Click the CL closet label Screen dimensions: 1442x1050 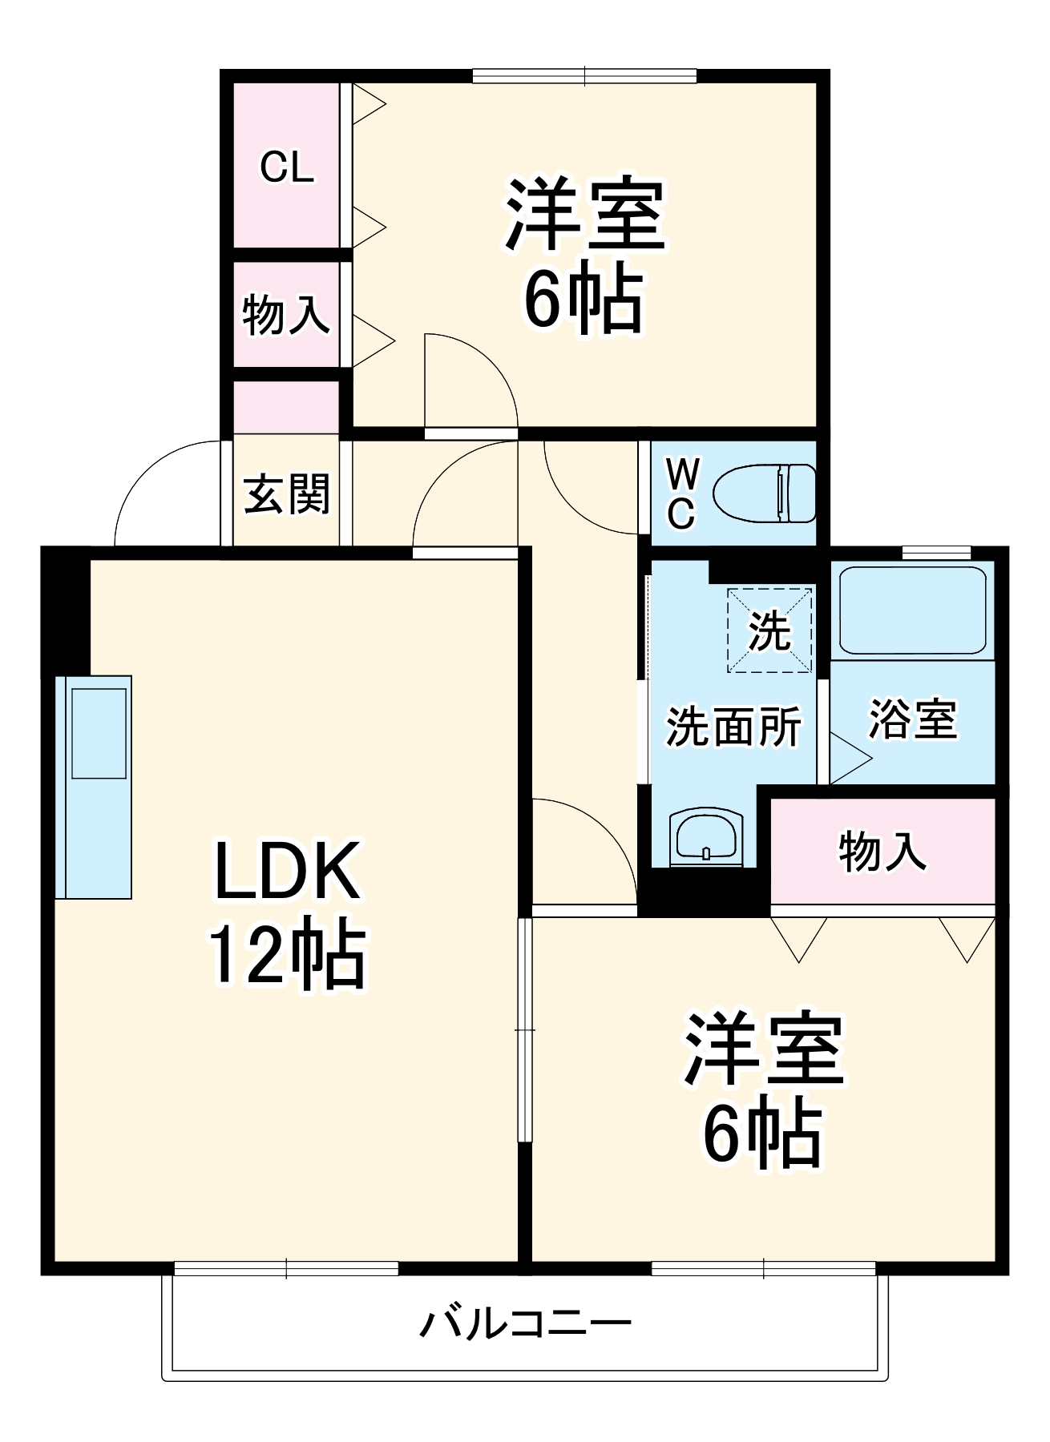point(287,167)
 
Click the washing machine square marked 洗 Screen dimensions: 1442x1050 point(769,630)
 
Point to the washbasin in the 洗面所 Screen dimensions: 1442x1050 point(705,836)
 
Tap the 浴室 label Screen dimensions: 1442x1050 point(912,719)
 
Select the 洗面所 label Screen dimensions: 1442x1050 point(733,726)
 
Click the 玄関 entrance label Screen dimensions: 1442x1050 point(286,493)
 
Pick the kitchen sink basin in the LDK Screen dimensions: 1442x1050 point(99,733)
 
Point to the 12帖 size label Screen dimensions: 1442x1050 point(286,955)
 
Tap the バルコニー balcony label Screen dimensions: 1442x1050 point(525,1323)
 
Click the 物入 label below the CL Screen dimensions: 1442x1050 point(285,314)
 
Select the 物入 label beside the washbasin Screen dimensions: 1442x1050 point(882,851)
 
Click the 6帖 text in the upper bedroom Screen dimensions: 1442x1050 point(583,298)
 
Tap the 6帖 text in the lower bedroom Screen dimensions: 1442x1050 point(762,1134)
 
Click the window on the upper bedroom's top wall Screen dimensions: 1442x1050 point(584,76)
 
